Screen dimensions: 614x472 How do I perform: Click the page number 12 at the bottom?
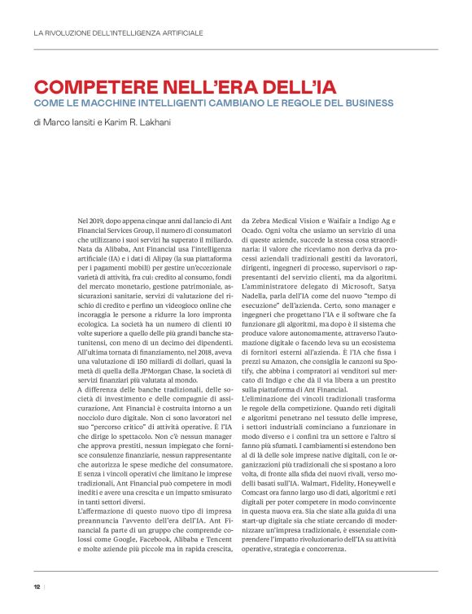(x=37, y=585)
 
